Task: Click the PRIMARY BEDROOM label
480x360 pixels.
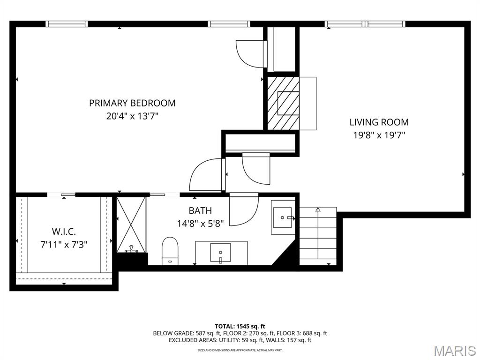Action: click(132, 103)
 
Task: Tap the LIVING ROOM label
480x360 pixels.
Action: click(379, 122)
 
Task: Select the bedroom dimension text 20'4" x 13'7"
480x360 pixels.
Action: click(132, 116)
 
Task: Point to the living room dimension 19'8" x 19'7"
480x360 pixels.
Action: click(379, 135)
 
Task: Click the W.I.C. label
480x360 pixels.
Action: click(64, 232)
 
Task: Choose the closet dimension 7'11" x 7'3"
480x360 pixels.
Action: click(64, 244)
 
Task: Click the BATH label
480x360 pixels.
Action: click(200, 211)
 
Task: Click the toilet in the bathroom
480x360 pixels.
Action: click(170, 250)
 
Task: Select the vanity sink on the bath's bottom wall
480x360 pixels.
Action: click(221, 253)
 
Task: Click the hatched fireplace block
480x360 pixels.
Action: click(283, 103)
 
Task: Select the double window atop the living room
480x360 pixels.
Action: click(365, 24)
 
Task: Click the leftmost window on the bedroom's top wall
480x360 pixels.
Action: click(67, 24)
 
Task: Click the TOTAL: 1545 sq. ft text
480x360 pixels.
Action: click(240, 326)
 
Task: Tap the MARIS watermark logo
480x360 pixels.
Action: click(454, 351)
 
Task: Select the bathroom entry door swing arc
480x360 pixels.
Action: click(244, 209)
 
